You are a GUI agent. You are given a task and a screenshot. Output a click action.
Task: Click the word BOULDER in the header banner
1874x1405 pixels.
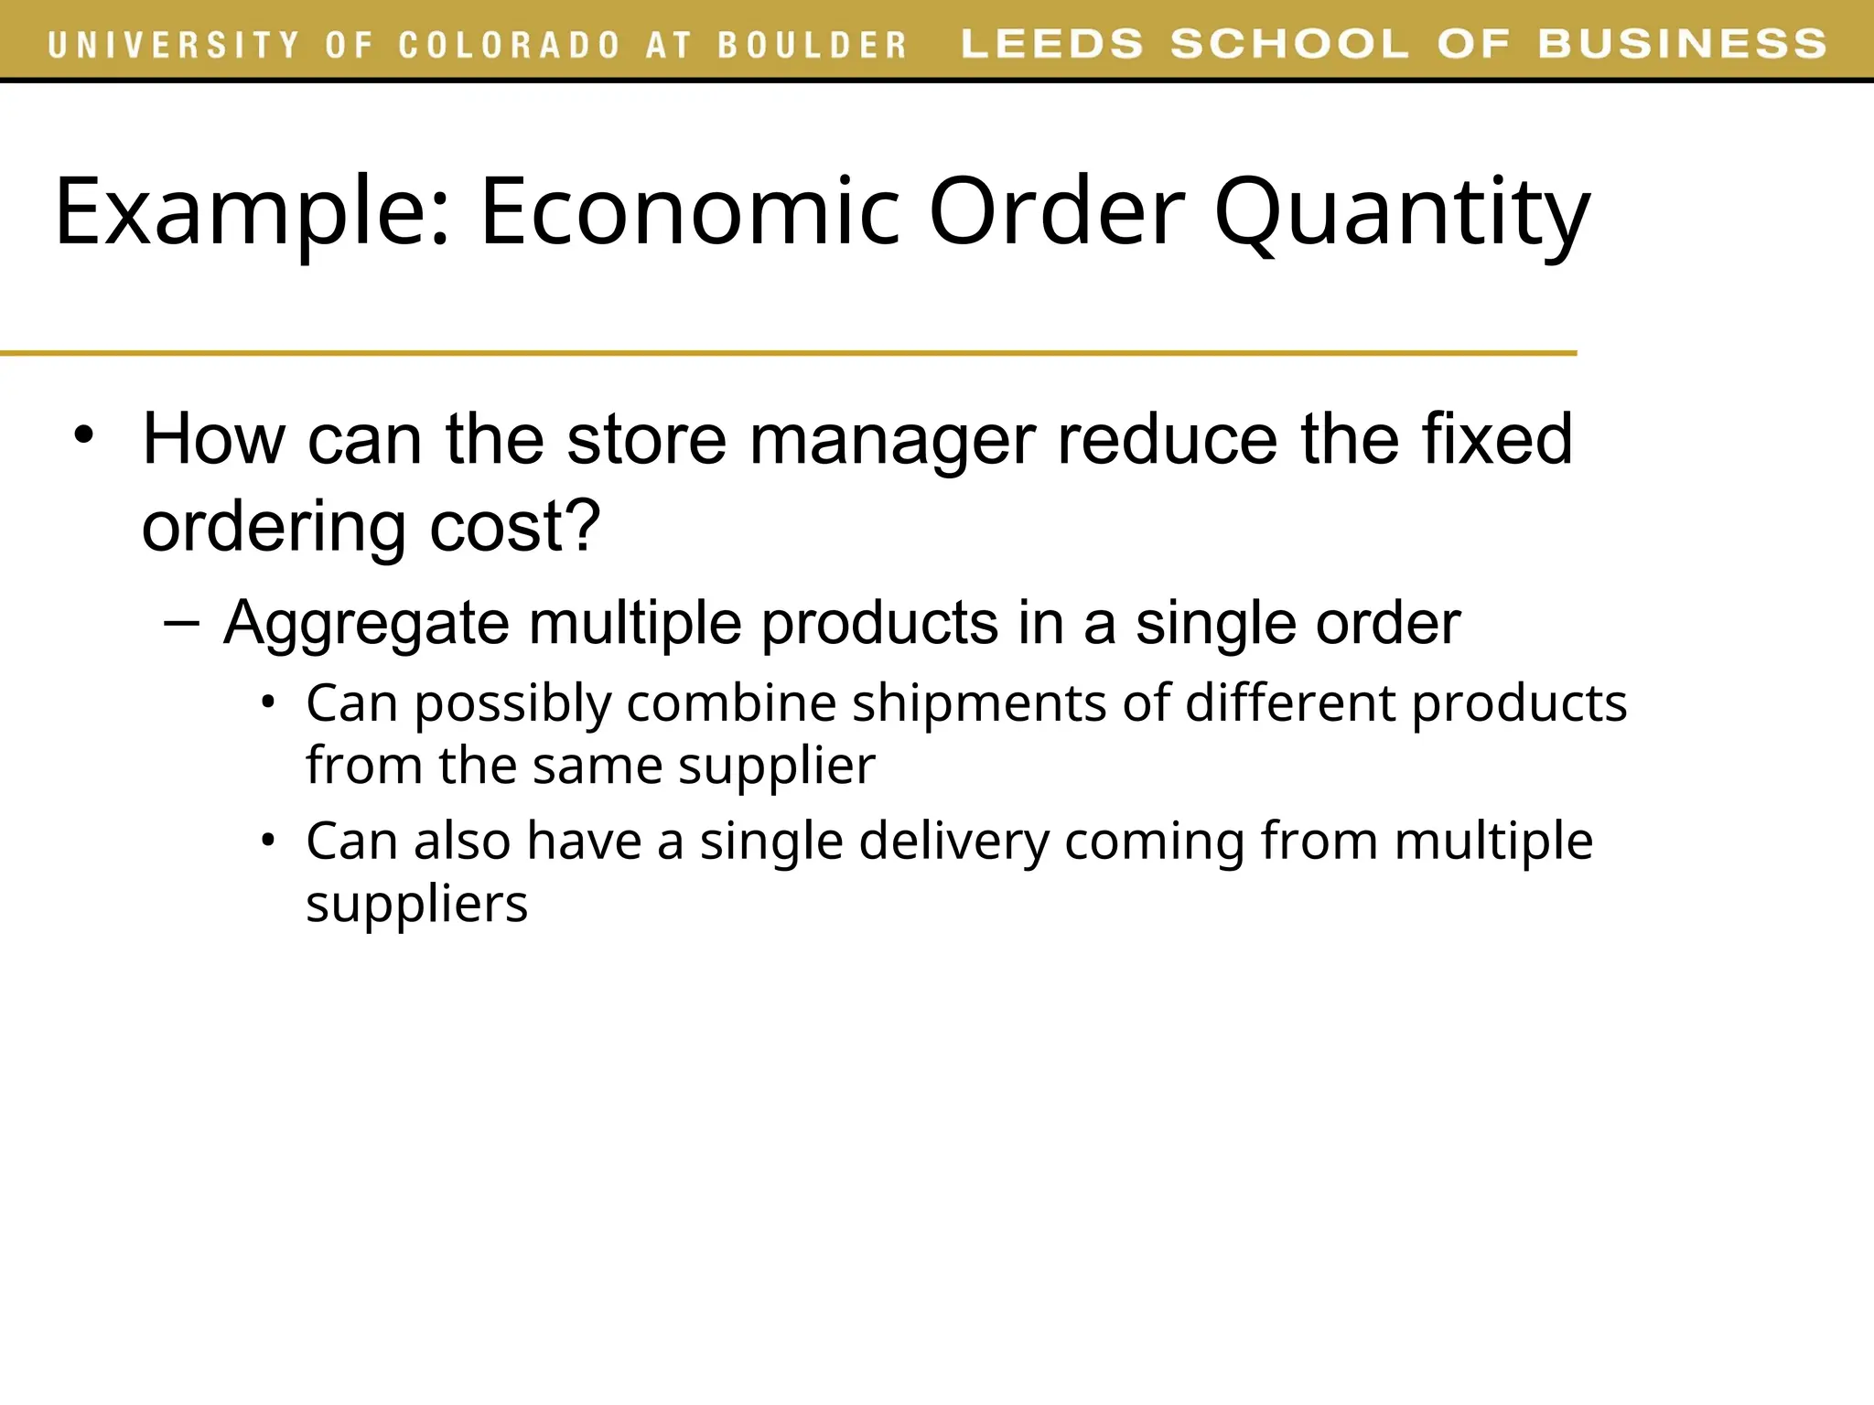coord(812,45)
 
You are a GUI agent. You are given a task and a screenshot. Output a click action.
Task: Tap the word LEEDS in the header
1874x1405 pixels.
coord(1052,44)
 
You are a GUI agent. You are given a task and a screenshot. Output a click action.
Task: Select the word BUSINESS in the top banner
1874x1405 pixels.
coord(1682,44)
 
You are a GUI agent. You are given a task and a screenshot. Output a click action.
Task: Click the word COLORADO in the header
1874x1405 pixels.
coord(510,45)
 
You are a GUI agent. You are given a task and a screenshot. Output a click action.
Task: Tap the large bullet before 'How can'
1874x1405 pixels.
coord(84,435)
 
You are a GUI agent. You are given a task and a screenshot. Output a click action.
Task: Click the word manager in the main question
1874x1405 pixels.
coord(892,439)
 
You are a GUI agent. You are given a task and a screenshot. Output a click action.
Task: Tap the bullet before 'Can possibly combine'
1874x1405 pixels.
coord(267,702)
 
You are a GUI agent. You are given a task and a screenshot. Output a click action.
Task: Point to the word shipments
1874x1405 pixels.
coord(979,703)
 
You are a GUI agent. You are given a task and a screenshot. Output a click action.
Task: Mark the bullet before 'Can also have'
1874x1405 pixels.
coord(267,840)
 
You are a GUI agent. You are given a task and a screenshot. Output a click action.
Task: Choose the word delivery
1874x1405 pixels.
coord(953,842)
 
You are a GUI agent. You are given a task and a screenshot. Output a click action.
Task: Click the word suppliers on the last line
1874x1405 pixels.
coord(416,904)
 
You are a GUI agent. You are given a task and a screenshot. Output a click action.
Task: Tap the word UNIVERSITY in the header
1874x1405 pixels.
coord(174,45)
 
